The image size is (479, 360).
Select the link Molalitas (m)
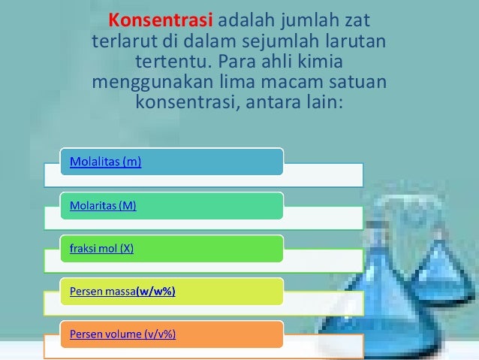click(x=105, y=162)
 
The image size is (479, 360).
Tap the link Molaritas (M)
click(x=103, y=205)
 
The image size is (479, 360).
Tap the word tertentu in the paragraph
click(x=170, y=60)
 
